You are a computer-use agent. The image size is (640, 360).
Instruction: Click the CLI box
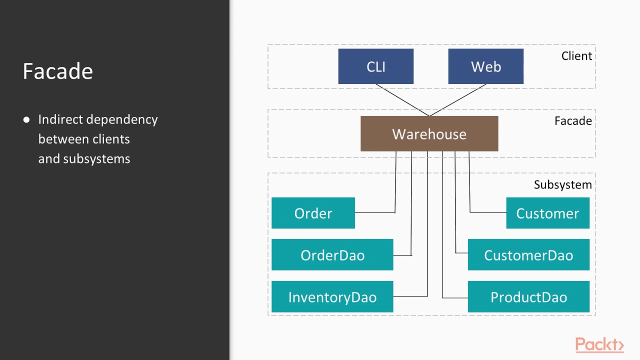pyautogui.click(x=375, y=66)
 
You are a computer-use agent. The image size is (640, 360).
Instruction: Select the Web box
pyautogui.click(x=485, y=66)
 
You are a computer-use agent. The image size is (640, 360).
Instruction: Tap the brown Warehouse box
pyautogui.click(x=429, y=134)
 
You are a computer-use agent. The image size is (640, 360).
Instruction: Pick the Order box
pyautogui.click(x=313, y=213)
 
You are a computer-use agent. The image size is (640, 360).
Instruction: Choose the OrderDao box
pyautogui.click(x=332, y=255)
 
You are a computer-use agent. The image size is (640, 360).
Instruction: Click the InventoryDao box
pyautogui.click(x=332, y=297)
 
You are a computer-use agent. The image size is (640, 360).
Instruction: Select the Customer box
pyautogui.click(x=547, y=213)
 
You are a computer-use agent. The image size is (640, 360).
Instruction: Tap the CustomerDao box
pyautogui.click(x=528, y=255)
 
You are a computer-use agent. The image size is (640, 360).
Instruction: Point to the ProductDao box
pyautogui.click(x=528, y=297)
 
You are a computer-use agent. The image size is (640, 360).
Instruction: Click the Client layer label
pyautogui.click(x=576, y=56)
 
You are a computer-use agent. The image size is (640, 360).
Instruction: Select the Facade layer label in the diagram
pyautogui.click(x=573, y=121)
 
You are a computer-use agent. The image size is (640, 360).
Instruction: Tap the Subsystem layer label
pyautogui.click(x=562, y=185)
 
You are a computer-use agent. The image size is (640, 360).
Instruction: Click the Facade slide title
pyautogui.click(x=57, y=71)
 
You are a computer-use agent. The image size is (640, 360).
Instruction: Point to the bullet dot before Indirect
pyautogui.click(x=26, y=120)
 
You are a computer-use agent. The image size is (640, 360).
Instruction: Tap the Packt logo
pyautogui.click(x=599, y=345)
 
